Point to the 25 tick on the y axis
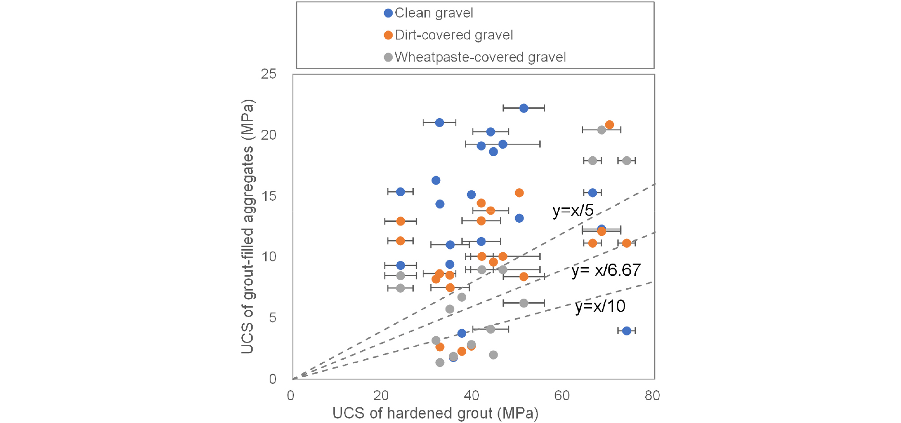(269, 74)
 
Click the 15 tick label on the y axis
(269, 196)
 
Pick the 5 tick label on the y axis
(272, 318)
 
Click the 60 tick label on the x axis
(562, 396)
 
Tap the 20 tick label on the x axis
(381, 396)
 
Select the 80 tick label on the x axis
(652, 396)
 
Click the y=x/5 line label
(573, 210)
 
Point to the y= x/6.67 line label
(606, 270)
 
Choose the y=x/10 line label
(600, 306)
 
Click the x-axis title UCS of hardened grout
(435, 413)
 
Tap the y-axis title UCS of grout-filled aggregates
(248, 226)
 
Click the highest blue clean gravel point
(524, 108)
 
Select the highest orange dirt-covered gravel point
(609, 124)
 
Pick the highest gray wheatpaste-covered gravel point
(602, 130)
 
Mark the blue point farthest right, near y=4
(627, 330)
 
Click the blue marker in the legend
(389, 13)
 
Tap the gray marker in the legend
(389, 57)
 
